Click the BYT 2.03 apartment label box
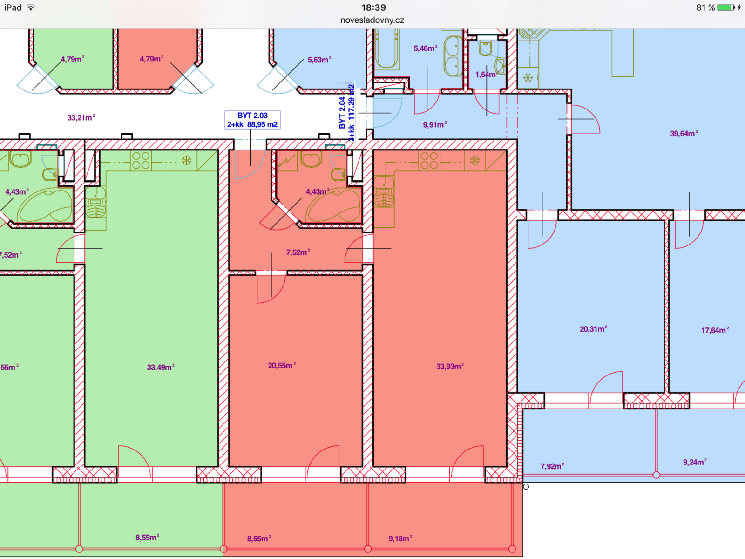tap(252, 120)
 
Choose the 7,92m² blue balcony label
tap(552, 466)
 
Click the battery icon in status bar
tap(725, 7)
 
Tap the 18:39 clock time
tap(373, 7)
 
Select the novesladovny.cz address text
tap(372, 20)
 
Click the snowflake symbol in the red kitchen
tap(474, 161)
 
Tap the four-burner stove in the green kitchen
tap(141, 161)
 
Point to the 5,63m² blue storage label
tap(319, 60)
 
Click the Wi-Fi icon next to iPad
tap(31, 7)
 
